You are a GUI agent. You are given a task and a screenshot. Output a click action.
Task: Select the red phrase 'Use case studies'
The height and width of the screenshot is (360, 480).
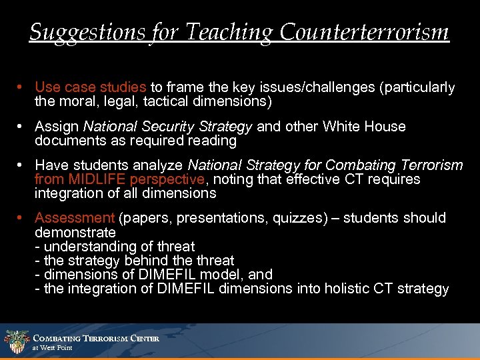point(91,87)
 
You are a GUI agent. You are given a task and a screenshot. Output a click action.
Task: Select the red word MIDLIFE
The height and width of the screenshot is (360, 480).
point(95,179)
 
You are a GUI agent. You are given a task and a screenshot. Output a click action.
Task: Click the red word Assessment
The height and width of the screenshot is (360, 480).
point(75,218)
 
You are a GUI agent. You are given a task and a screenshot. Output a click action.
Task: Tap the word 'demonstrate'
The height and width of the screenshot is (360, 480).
point(75,233)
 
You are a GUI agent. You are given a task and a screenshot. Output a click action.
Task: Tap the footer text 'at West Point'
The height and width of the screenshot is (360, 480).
point(53,348)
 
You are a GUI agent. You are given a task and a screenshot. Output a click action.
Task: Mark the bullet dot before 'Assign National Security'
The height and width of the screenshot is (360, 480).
point(22,127)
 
